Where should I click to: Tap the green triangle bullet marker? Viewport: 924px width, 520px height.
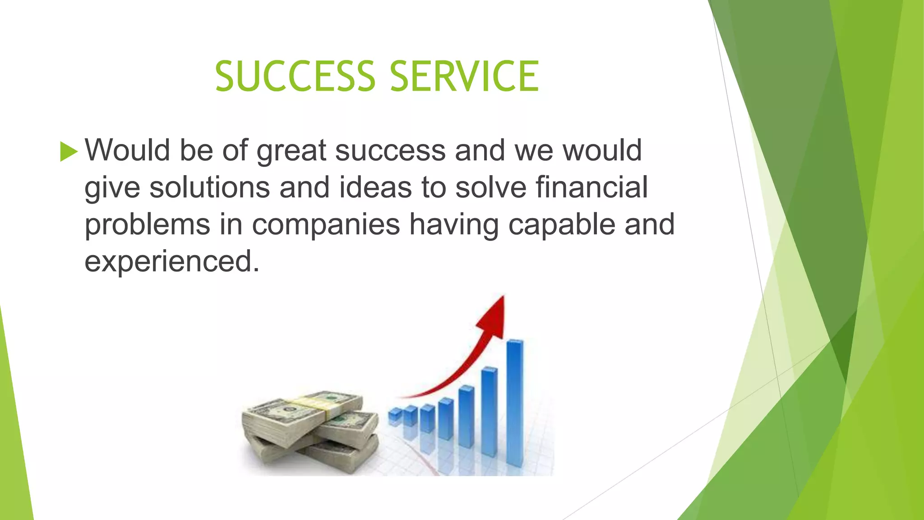point(68,151)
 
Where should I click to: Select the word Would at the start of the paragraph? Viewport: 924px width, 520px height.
point(127,150)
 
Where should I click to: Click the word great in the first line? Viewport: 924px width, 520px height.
point(291,151)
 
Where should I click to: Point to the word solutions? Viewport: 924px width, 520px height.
point(209,187)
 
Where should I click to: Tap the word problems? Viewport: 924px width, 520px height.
point(148,225)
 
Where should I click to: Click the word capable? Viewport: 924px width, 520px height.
point(561,225)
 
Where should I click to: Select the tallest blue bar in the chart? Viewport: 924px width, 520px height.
point(515,402)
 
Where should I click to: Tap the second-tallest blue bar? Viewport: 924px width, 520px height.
point(489,411)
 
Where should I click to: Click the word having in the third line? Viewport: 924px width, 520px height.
point(454,225)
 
